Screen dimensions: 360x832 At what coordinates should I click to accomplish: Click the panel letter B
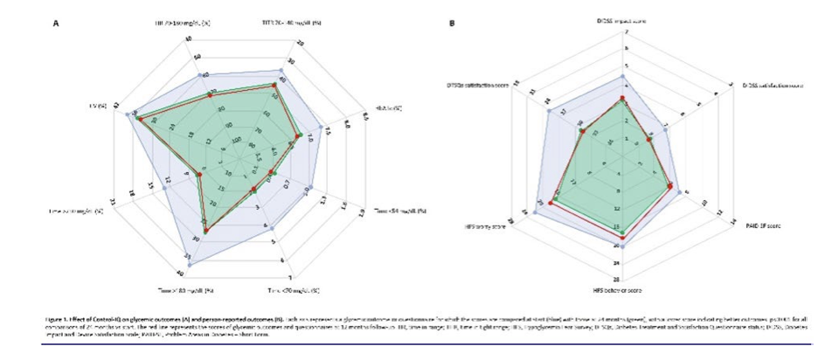[x=452, y=24]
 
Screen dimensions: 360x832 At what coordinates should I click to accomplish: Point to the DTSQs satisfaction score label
[x=477, y=85]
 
